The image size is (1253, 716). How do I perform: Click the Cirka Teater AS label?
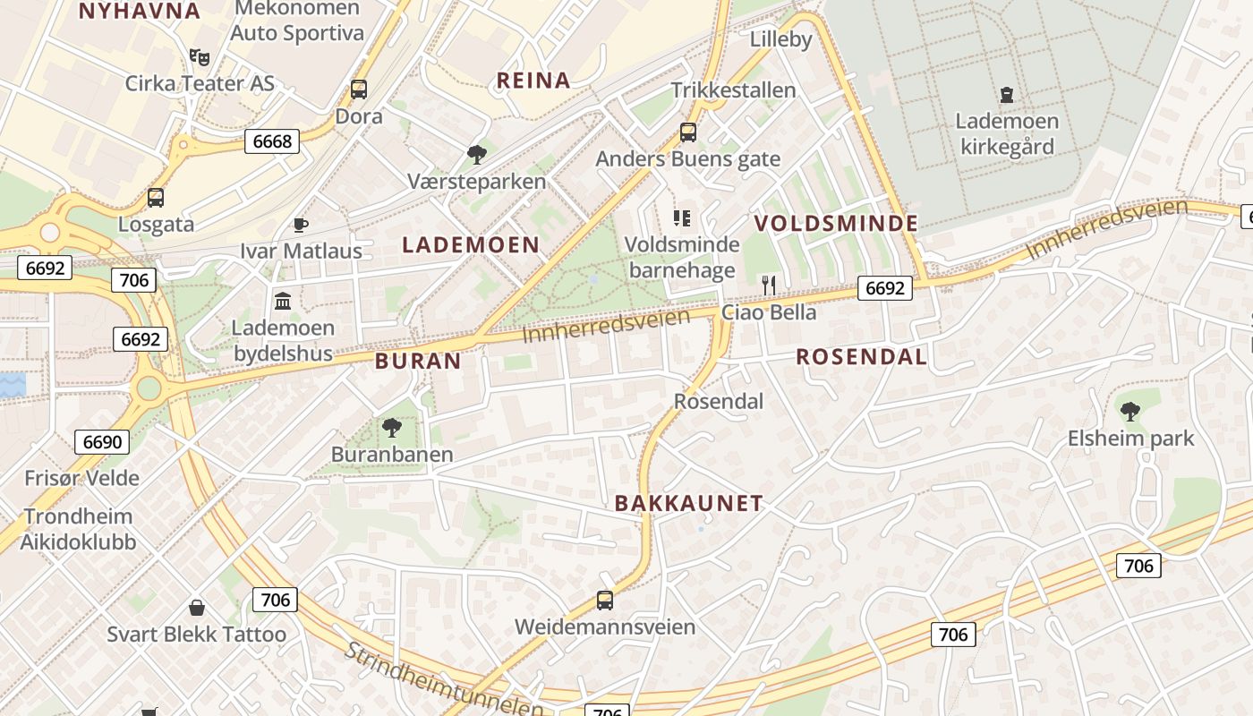tap(199, 83)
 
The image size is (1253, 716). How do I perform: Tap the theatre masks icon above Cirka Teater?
tap(200, 57)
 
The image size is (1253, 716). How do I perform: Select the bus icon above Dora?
tap(359, 89)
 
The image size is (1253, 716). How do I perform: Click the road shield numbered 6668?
tap(272, 141)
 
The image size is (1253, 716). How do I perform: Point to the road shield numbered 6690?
tap(102, 441)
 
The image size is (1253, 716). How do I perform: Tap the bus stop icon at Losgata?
tap(156, 198)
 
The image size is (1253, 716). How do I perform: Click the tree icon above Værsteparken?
tap(476, 155)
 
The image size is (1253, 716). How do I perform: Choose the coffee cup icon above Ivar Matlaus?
tap(301, 225)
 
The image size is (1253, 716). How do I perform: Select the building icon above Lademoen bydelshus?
tap(284, 301)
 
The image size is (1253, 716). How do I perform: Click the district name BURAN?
tap(418, 362)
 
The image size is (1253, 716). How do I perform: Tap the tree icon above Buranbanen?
tap(391, 428)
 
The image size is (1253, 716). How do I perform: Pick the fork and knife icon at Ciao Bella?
tap(769, 286)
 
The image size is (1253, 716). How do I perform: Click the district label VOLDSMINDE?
tap(836, 223)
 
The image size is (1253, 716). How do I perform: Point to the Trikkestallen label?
tap(733, 90)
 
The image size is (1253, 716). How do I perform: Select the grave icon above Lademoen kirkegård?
tap(1007, 94)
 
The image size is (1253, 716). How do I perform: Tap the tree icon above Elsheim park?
tap(1130, 412)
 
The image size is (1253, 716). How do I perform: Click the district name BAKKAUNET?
tap(688, 503)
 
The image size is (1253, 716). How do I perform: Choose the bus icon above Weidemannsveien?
tap(605, 601)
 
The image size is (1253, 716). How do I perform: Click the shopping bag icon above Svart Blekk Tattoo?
tap(196, 609)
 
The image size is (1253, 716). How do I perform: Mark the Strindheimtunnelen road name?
tap(444, 681)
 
